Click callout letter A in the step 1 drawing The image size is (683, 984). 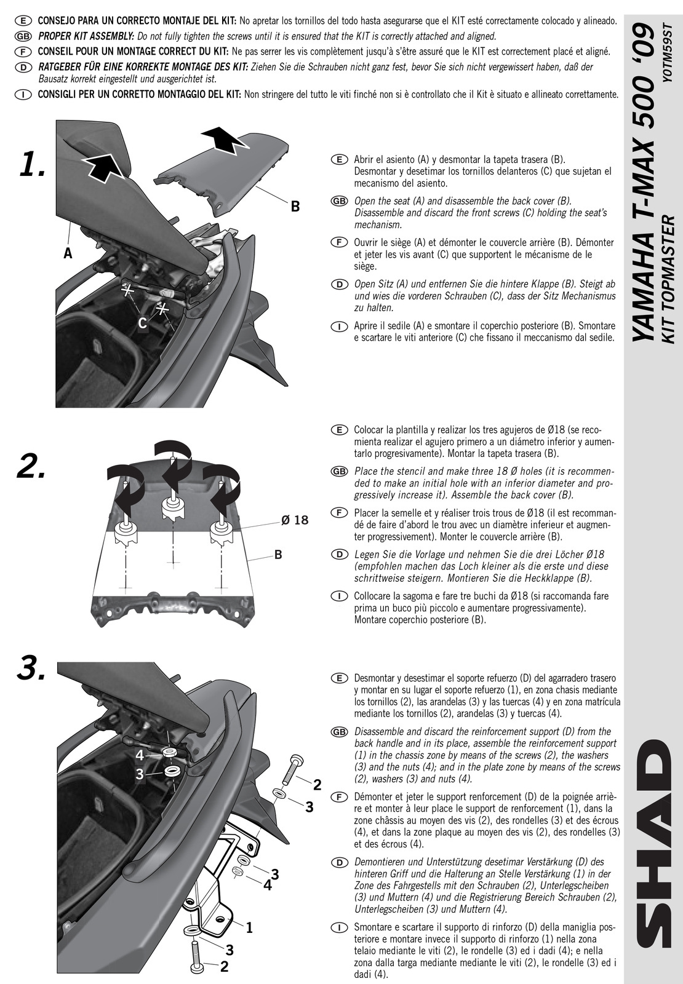point(68,253)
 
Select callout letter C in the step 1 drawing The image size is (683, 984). point(142,323)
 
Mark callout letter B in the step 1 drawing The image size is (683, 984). point(295,207)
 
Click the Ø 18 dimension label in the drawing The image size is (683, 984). point(294,520)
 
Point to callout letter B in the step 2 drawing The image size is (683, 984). point(278,555)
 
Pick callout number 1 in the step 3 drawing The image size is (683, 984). point(249,928)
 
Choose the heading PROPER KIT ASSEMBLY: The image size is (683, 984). point(86,36)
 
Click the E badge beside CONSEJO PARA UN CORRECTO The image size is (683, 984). point(22,22)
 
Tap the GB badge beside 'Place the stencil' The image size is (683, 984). point(338,472)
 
